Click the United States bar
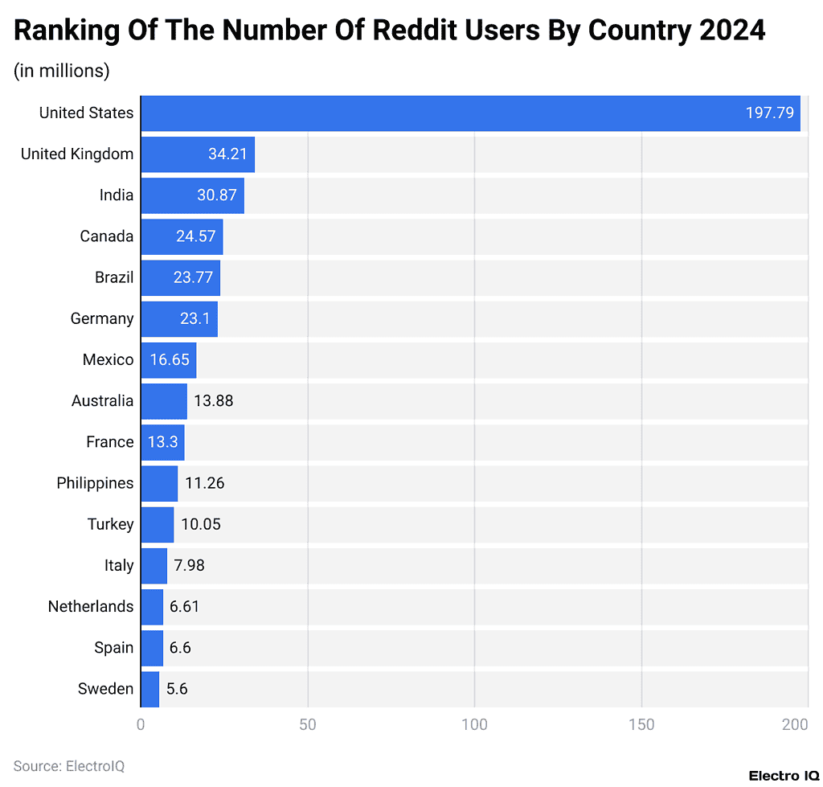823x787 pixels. pyautogui.click(x=470, y=113)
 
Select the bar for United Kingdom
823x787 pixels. pyautogui.click(x=198, y=154)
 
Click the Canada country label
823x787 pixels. pyautogui.click(x=106, y=236)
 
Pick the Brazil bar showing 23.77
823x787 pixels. pyautogui.click(x=180, y=277)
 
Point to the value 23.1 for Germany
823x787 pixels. pyautogui.click(x=194, y=318)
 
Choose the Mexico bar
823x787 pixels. pyautogui.click(x=168, y=359)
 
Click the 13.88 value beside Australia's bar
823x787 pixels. pyautogui.click(x=213, y=400)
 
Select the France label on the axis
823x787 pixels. pyautogui.click(x=109, y=442)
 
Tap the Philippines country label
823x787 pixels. pyautogui.click(x=95, y=483)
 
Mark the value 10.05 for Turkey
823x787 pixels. pyautogui.click(x=200, y=524)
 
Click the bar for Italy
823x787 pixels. pyautogui.click(x=154, y=565)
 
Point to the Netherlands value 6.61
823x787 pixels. pyautogui.click(x=184, y=606)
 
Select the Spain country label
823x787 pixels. pyautogui.click(x=113, y=647)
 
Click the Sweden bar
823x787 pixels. pyautogui.click(x=149, y=689)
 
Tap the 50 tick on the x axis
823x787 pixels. pyautogui.click(x=308, y=725)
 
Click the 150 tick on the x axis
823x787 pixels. pyautogui.click(x=641, y=725)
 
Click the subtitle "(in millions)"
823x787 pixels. pyautogui.click(x=61, y=71)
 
